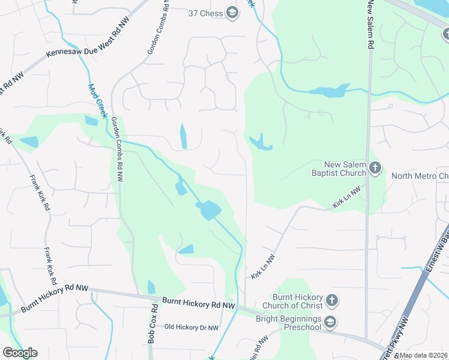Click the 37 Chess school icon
click(x=232, y=13)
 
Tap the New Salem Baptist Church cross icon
click(x=375, y=168)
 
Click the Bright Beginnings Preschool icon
click(x=330, y=323)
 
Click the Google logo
click(x=20, y=353)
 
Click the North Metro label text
click(x=420, y=176)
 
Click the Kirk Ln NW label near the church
click(x=346, y=197)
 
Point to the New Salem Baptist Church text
click(x=345, y=169)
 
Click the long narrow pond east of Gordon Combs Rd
click(x=182, y=136)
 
